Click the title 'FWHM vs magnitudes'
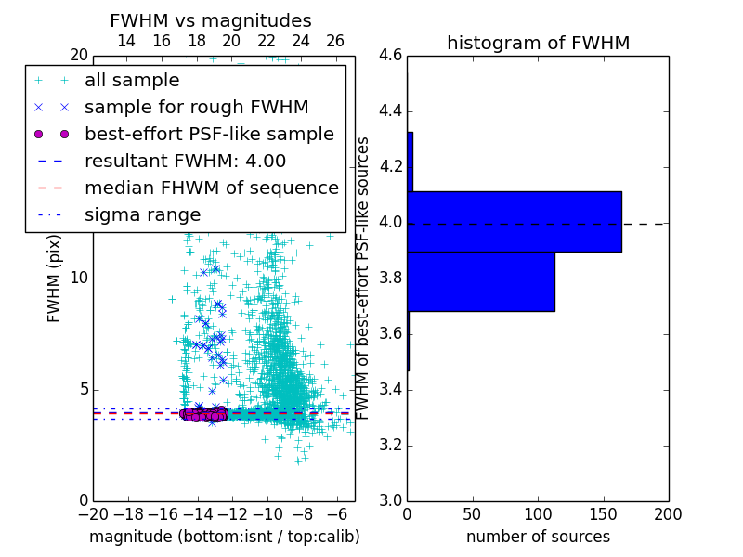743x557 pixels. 210,20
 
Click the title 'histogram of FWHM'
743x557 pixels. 538,43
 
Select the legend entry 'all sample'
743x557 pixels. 132,81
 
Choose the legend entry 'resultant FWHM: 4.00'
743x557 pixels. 185,161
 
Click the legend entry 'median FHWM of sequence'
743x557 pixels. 211,188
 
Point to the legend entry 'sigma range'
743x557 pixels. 142,214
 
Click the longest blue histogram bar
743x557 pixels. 514,221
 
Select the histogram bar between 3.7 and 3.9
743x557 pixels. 480,281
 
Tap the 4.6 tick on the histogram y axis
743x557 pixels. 390,56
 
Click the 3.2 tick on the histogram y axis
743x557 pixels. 390,445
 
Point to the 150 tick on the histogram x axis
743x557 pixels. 603,513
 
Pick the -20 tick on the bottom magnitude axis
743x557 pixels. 93,513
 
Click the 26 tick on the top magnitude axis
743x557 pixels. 335,41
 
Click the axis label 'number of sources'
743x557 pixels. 538,537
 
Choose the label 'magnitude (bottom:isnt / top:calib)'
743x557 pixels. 224,537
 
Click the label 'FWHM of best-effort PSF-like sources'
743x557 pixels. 363,278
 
